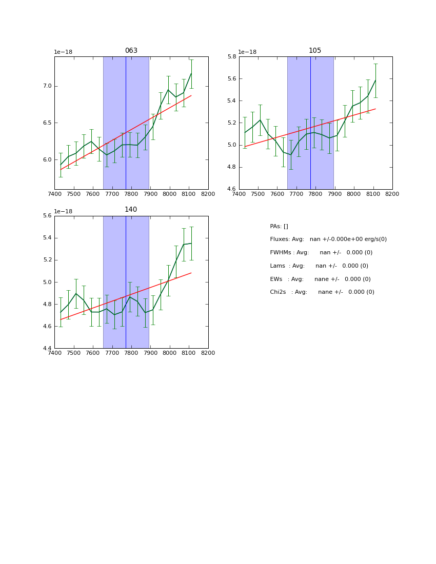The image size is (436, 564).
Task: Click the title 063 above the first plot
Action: coord(131,51)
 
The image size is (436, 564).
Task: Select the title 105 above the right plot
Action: coord(315,51)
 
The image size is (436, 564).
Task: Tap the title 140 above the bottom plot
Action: coord(131,210)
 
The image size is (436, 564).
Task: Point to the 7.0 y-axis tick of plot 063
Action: coord(47,86)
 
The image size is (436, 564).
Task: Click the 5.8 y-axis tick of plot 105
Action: coord(231,56)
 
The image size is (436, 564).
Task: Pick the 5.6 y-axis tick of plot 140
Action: coord(47,216)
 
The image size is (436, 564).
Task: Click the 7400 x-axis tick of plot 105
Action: coord(239,194)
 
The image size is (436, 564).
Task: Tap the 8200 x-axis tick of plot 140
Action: coord(208,353)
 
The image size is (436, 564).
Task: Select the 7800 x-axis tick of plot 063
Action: coord(131,194)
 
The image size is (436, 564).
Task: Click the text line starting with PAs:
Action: coord(279,226)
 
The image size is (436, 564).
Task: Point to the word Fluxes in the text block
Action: coord(280,239)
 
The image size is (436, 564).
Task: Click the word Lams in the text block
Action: coord(278,266)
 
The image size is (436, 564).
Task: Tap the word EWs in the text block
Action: coord(276,279)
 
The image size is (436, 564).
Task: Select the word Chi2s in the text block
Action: coord(278,292)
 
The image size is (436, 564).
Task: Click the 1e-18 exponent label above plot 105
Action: coord(247,52)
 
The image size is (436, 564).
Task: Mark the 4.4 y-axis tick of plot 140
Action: coord(47,348)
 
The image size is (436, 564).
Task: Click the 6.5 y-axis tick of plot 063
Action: coord(47,123)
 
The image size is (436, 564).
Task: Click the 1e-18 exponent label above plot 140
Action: coord(63,211)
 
